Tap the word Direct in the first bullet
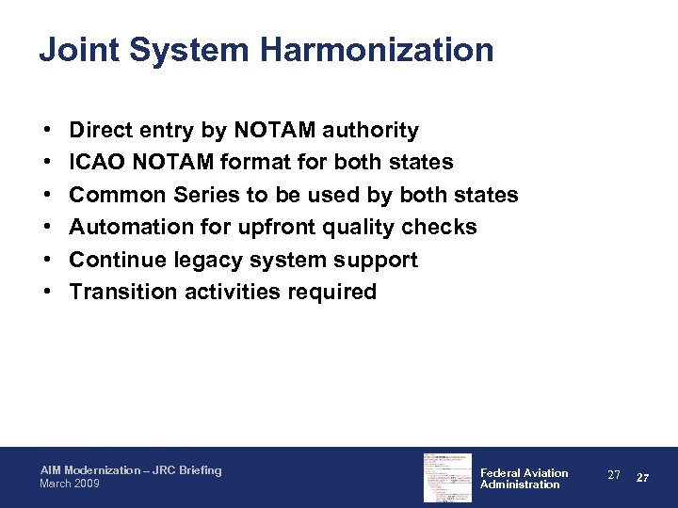(x=102, y=130)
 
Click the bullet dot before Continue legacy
(x=46, y=261)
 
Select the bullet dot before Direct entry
(x=46, y=131)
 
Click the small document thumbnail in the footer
(x=447, y=478)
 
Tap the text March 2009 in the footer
(x=70, y=484)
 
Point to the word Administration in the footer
(x=520, y=484)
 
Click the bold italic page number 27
(x=643, y=478)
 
